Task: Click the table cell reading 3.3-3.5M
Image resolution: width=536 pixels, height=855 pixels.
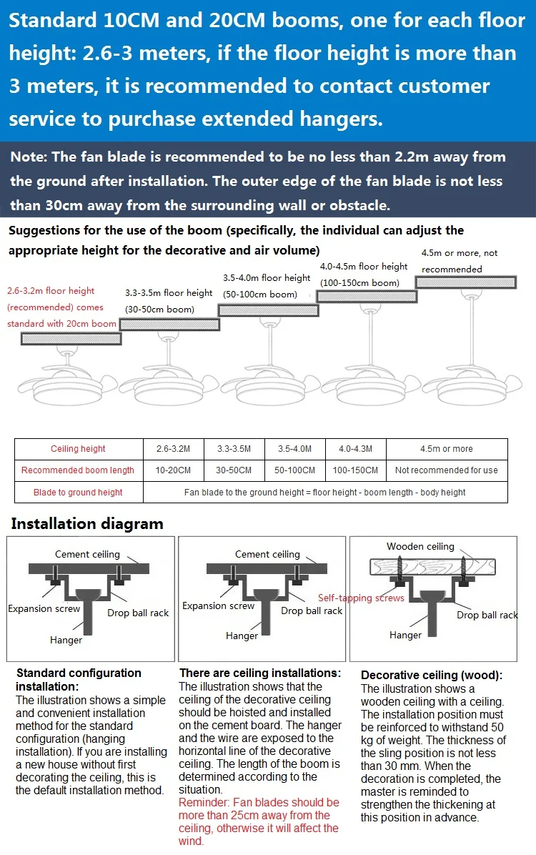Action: click(234, 449)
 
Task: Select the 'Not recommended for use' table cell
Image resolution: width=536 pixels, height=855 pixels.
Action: click(446, 470)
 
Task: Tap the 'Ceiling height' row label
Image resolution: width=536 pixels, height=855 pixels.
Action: click(78, 449)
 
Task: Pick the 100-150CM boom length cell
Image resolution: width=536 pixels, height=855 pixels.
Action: click(355, 470)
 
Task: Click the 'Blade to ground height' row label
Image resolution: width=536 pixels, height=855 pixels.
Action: click(78, 493)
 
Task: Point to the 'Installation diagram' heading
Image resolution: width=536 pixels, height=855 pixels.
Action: click(87, 524)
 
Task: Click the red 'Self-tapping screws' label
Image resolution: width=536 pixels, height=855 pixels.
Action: click(361, 598)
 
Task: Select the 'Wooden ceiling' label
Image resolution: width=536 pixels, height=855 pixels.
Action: click(420, 547)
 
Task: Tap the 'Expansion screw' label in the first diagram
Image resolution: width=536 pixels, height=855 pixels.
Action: click(44, 609)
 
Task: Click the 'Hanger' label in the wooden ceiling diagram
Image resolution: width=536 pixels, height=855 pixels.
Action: click(405, 635)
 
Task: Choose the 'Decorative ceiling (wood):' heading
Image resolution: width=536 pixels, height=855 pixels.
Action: click(432, 675)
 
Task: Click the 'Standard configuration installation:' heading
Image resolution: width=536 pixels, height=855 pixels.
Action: click(79, 680)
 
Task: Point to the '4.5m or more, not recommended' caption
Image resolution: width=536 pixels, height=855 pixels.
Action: click(460, 261)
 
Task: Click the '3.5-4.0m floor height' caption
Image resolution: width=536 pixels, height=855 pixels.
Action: click(267, 278)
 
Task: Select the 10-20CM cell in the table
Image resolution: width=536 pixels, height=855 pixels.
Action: click(173, 470)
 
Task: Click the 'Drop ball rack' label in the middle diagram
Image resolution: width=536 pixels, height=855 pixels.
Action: click(312, 611)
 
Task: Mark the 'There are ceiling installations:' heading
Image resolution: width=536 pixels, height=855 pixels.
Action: click(260, 673)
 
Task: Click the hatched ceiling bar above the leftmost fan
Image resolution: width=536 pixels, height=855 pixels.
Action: click(69, 339)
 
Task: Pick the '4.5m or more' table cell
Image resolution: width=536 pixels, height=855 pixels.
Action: click(446, 449)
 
